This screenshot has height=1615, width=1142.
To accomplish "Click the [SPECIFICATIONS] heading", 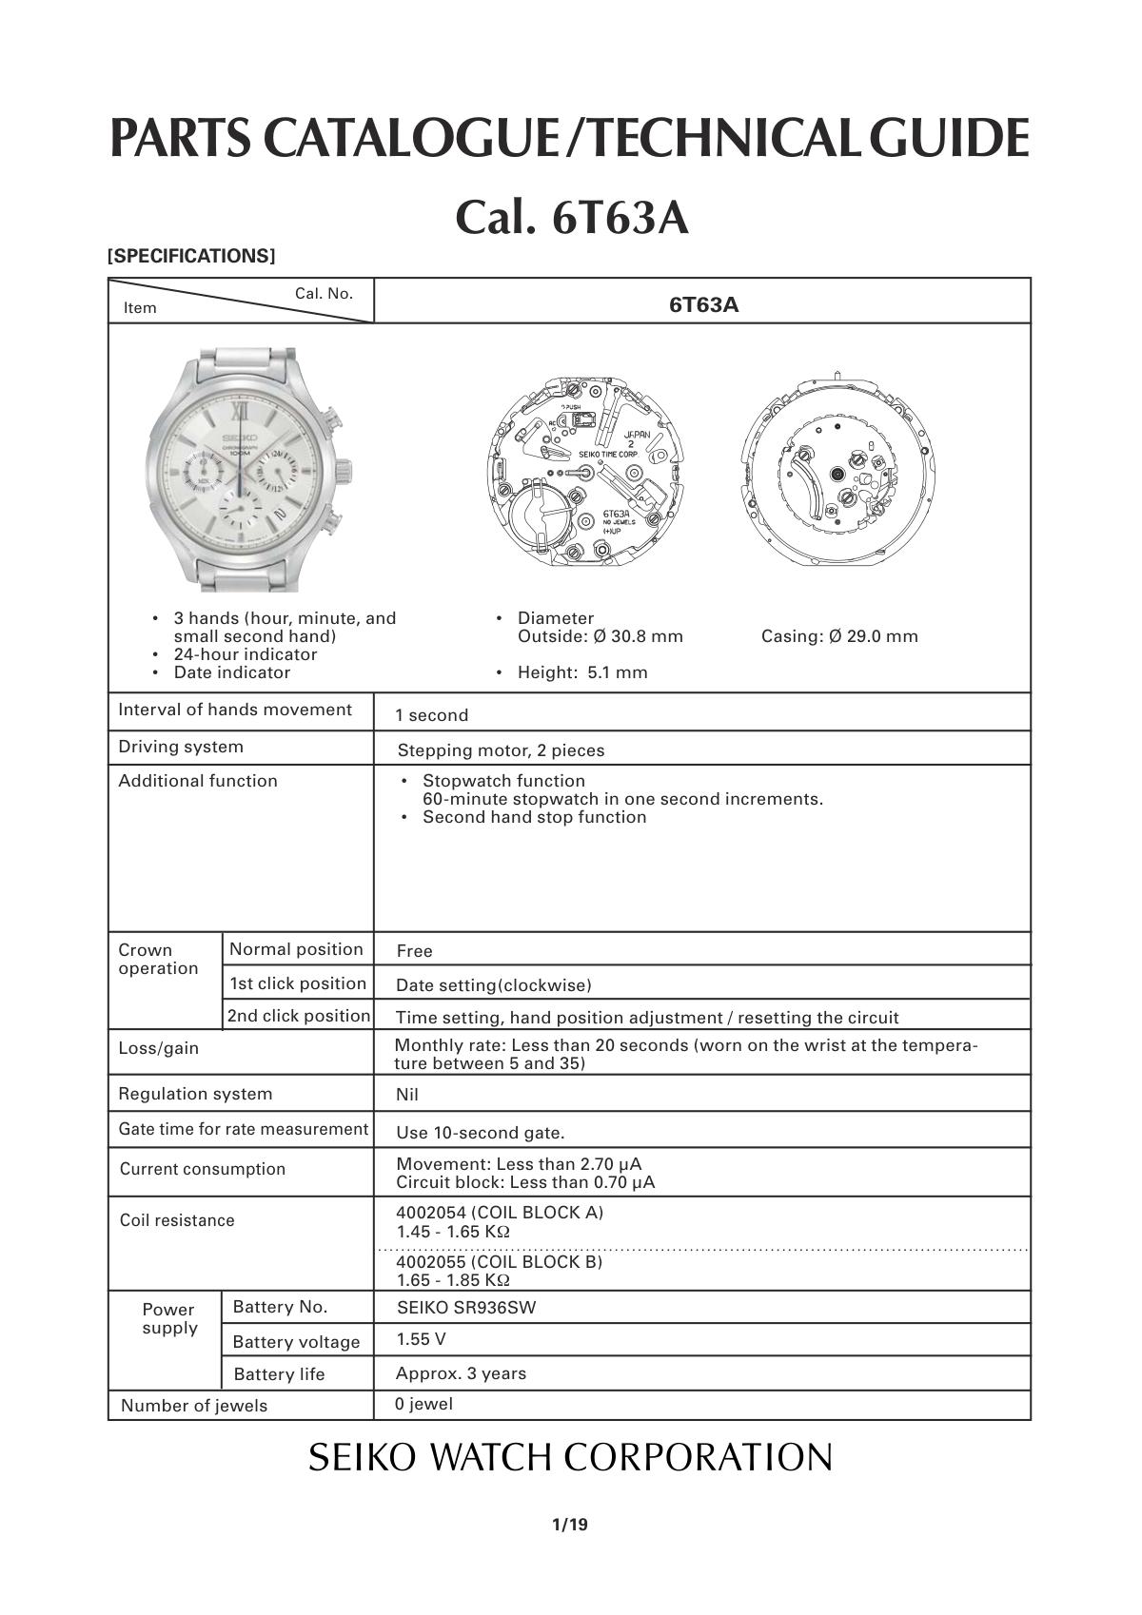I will (191, 256).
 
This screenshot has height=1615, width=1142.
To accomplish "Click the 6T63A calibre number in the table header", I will (703, 304).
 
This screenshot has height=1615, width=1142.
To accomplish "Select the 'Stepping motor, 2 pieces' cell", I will (501, 750).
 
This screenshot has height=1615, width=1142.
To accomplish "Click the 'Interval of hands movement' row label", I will (235, 710).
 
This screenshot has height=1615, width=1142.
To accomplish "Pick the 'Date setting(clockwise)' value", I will (493, 984).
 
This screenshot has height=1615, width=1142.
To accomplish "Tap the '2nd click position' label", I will (298, 1016).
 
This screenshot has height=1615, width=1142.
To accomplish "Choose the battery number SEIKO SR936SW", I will (466, 1307).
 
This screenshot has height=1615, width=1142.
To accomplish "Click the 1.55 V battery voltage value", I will (421, 1339).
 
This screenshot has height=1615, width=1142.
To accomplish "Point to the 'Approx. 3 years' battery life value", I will (461, 1373).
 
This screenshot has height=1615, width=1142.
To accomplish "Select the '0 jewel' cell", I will (423, 1404).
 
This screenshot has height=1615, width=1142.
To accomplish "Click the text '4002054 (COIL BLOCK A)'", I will (500, 1213).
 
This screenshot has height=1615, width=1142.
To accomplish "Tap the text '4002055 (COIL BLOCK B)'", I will (500, 1261).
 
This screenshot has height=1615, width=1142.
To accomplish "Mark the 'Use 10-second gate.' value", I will (481, 1132).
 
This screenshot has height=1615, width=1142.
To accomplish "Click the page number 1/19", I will (570, 1525).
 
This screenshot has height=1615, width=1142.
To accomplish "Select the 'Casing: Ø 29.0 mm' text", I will (839, 636).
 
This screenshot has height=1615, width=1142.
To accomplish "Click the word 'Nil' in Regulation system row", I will (407, 1094).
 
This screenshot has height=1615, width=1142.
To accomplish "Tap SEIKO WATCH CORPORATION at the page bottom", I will (570, 1457).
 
